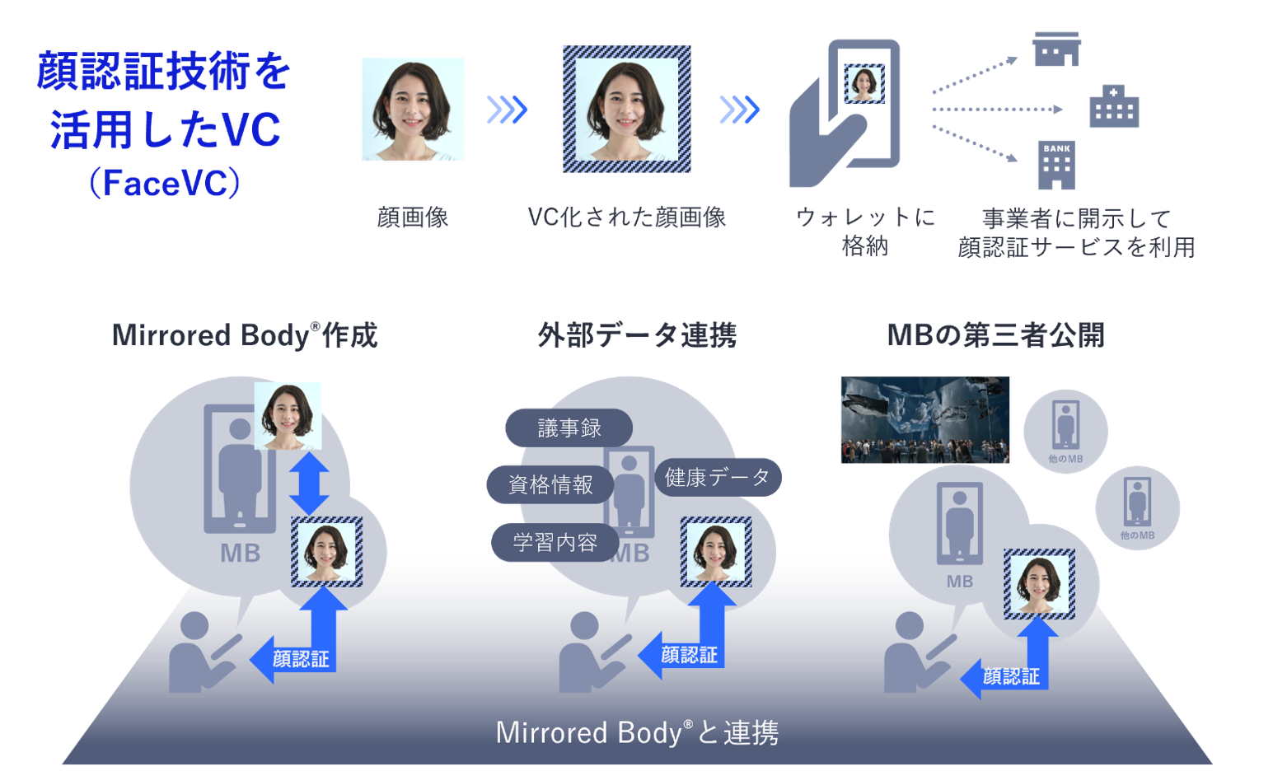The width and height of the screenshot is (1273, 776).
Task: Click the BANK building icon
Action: coord(1056,165)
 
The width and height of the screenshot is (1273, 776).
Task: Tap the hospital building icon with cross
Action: coord(1114,106)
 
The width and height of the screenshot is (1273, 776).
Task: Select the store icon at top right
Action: coord(1056,49)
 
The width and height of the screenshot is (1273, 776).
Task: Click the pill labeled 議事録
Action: coord(569,428)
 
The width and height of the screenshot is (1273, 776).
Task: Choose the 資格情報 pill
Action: coord(550,484)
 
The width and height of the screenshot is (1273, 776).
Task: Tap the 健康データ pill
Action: coord(717,477)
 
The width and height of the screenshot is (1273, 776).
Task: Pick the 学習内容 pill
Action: coord(555,542)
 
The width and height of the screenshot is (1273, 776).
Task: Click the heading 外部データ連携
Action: coord(636,335)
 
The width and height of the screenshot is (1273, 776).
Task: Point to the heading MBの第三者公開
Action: coord(995,335)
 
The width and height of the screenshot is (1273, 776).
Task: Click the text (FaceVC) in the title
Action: coord(165,183)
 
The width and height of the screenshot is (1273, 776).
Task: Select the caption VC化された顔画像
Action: coord(626,217)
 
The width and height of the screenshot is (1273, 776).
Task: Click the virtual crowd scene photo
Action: coord(924,419)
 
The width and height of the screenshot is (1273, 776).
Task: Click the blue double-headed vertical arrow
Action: coord(309,484)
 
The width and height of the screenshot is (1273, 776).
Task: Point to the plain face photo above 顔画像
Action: coord(412,109)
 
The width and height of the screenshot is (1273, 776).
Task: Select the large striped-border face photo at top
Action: coord(626,109)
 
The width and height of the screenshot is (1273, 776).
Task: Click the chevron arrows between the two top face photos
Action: coord(507,109)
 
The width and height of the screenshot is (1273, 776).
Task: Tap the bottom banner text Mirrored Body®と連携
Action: coord(636,732)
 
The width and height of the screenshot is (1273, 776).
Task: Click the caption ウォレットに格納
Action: coord(865,231)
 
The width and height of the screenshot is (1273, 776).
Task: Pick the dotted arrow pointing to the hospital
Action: coord(997,109)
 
